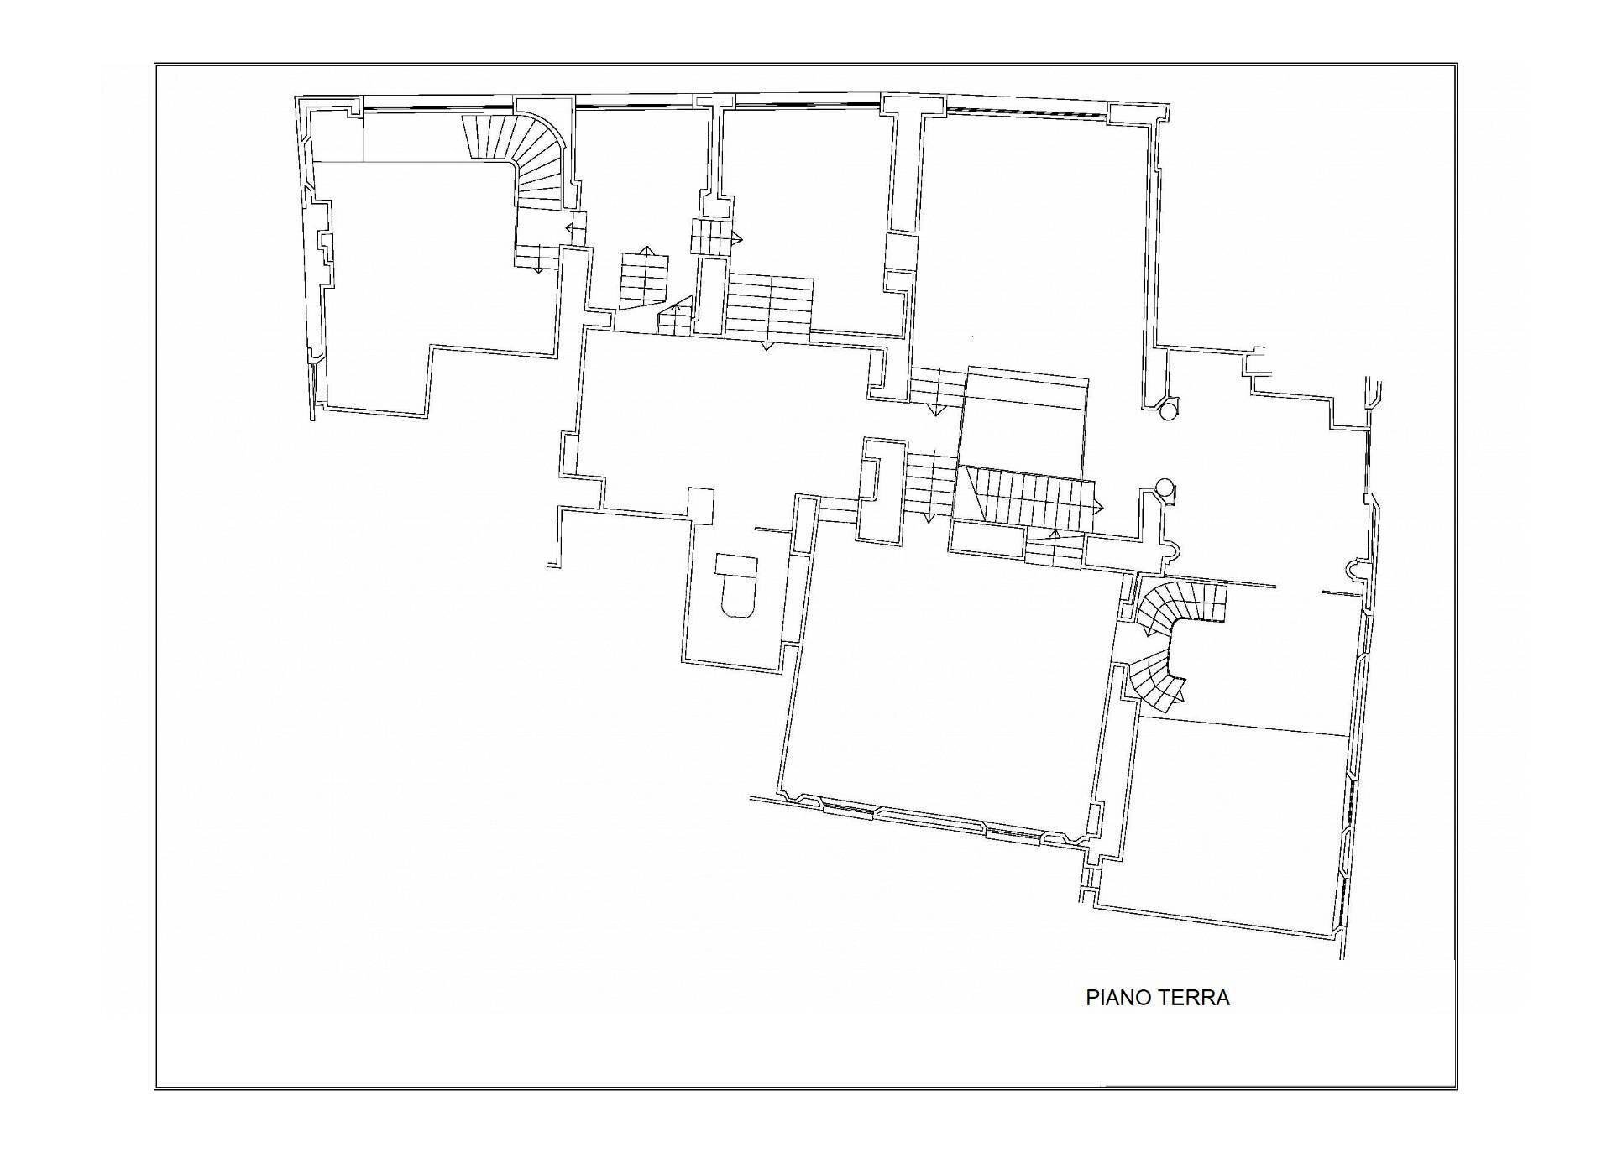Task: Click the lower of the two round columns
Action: [1165, 487]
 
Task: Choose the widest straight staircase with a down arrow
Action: [769, 308]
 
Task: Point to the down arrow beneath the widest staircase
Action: [766, 344]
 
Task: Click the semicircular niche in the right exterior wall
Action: [1353, 569]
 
